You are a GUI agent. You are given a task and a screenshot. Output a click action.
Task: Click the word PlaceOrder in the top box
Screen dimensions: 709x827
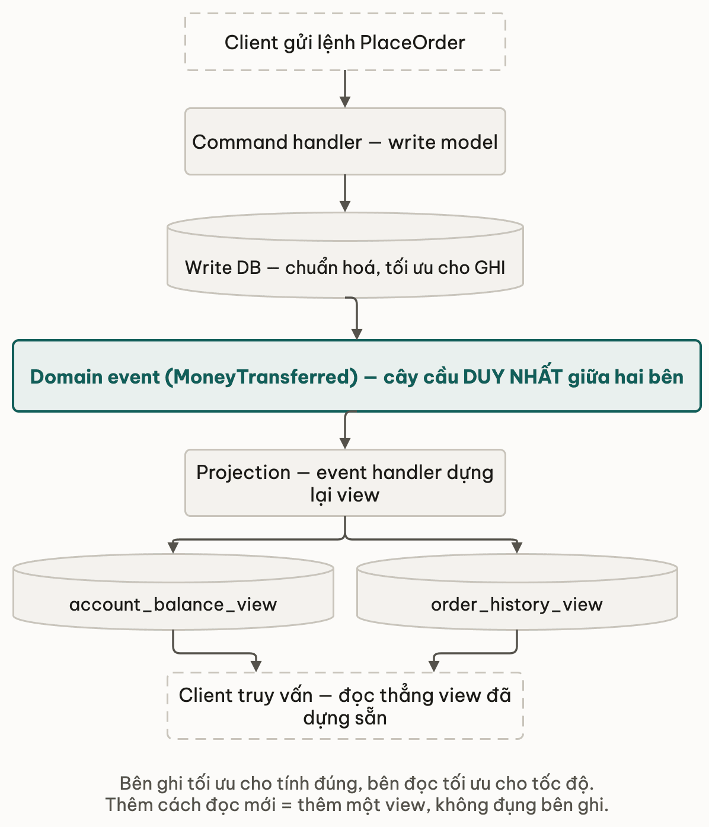tap(413, 43)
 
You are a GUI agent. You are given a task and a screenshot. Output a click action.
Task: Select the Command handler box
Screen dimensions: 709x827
tap(345, 141)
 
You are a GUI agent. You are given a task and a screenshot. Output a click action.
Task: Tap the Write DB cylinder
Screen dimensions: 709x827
tap(345, 255)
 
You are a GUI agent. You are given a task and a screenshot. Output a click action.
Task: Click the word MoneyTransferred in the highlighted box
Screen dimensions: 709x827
tap(261, 377)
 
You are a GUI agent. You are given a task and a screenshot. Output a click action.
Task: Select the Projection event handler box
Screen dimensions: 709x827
tap(345, 483)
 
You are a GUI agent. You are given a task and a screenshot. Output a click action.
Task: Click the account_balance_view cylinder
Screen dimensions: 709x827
tap(173, 592)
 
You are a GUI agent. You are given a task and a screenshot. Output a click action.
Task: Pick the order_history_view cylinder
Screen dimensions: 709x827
tap(517, 592)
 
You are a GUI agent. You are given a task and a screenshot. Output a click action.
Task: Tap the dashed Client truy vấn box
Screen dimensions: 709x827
tap(345, 706)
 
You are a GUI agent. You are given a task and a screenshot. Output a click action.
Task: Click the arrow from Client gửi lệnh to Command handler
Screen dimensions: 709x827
tap(345, 89)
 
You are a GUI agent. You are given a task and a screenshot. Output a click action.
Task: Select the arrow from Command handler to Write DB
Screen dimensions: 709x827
tap(345, 193)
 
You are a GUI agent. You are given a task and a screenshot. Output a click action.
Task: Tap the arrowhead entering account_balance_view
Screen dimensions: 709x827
tap(173, 548)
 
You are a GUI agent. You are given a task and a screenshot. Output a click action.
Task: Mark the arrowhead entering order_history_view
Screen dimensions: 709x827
tap(517, 548)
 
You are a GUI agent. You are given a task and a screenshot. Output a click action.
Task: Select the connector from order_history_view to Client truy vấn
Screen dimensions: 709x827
tap(475, 653)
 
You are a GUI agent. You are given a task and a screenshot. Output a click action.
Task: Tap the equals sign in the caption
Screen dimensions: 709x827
tap(286, 806)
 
